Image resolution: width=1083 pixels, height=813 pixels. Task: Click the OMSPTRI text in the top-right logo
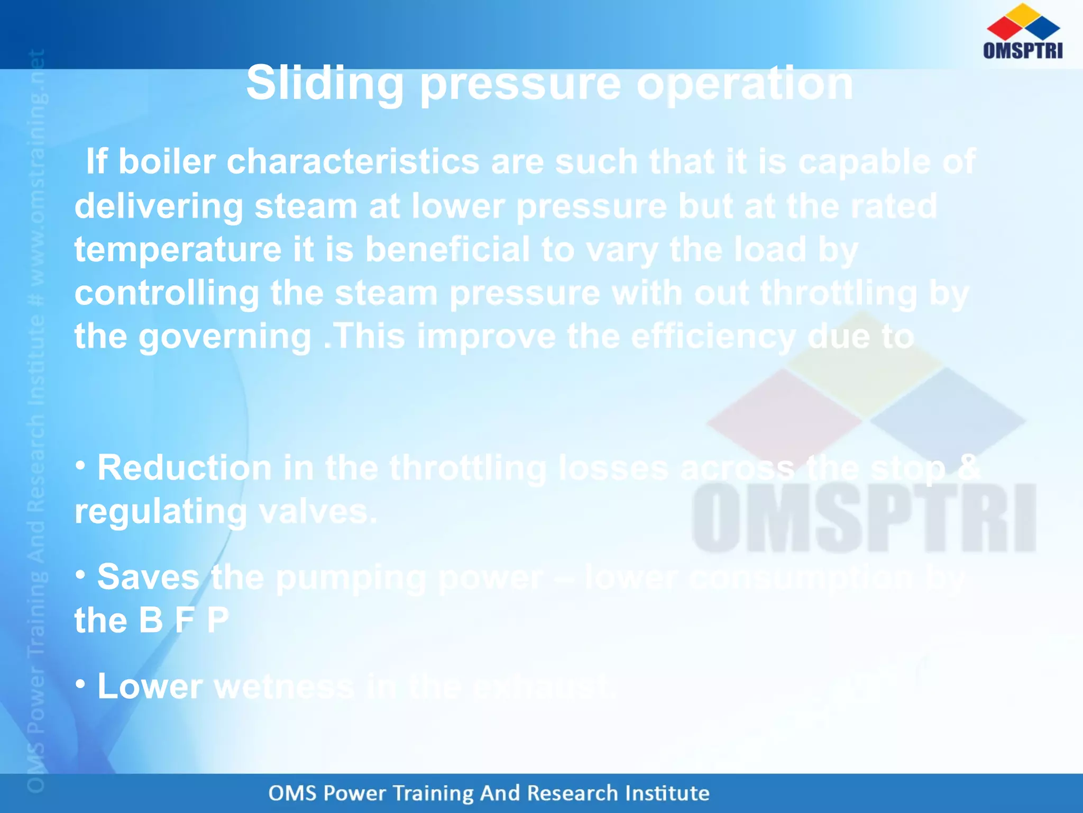[1023, 50]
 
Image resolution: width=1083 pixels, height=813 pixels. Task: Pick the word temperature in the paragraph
[178, 250]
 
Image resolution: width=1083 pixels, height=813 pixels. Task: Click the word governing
[225, 337]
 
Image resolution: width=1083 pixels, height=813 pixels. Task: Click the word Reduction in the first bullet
[184, 468]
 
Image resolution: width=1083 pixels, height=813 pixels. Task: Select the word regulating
[161, 512]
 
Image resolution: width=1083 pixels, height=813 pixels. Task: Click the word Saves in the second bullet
[148, 577]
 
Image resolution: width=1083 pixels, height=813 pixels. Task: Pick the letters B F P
[183, 620]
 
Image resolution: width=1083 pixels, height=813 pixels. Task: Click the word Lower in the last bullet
[150, 686]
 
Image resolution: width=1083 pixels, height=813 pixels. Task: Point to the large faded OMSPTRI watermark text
[864, 519]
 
